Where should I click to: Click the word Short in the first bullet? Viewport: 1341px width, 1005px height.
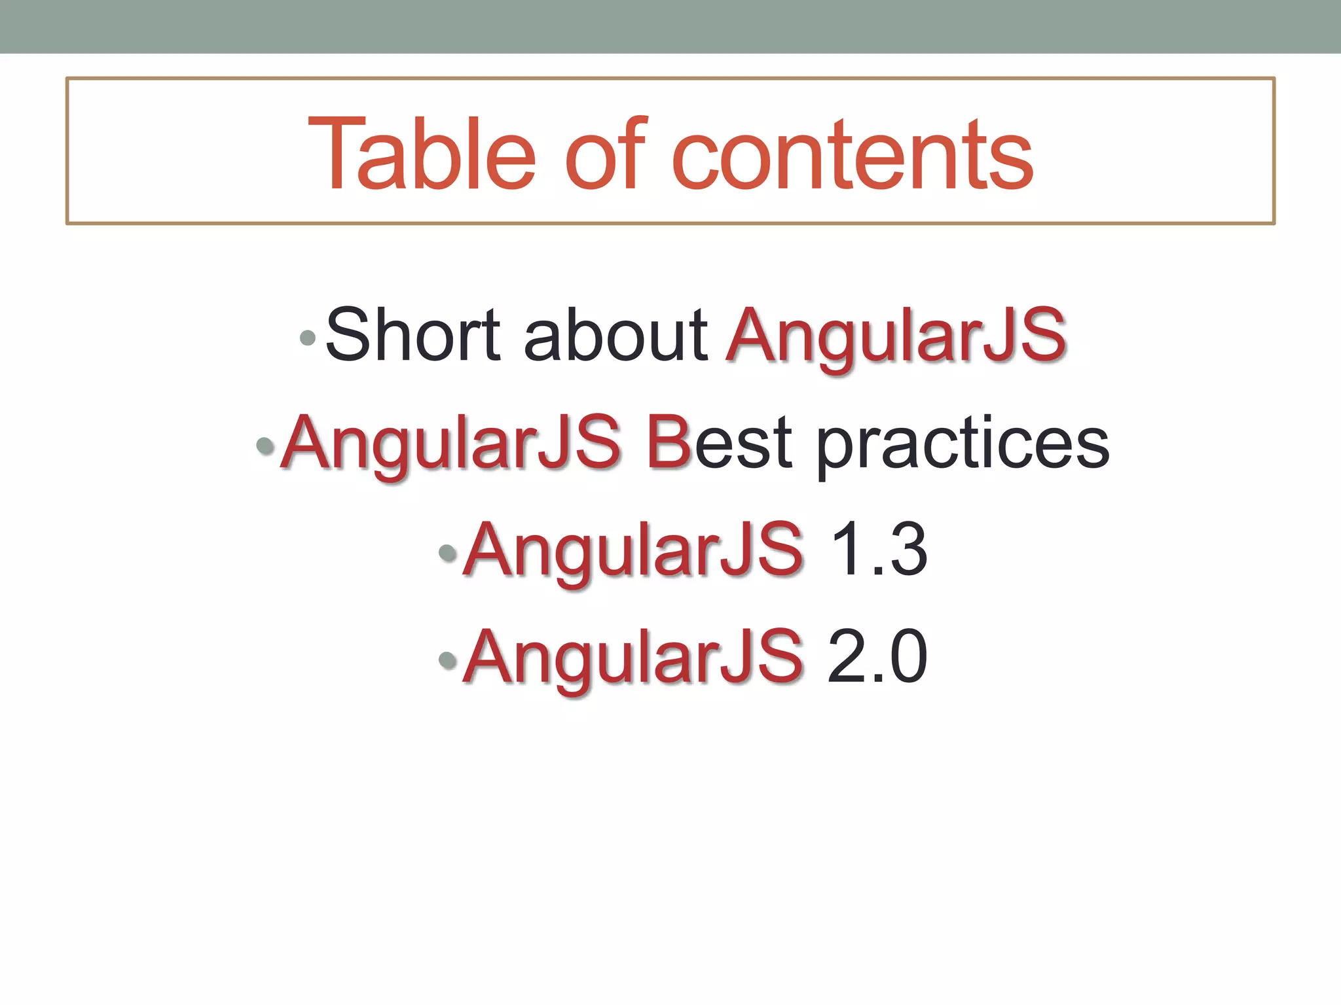pos(413,335)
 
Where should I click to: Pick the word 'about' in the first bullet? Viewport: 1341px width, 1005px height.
pos(615,335)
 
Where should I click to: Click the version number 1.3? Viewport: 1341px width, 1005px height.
pos(878,550)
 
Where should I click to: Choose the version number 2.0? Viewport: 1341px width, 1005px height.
pos(877,656)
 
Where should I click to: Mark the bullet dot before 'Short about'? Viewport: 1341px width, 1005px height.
pos(307,338)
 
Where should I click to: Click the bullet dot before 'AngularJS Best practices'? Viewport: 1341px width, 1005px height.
pos(265,446)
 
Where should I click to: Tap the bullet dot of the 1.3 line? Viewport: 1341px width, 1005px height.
pos(448,553)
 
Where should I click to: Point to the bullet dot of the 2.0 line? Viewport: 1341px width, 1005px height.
pos(448,660)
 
